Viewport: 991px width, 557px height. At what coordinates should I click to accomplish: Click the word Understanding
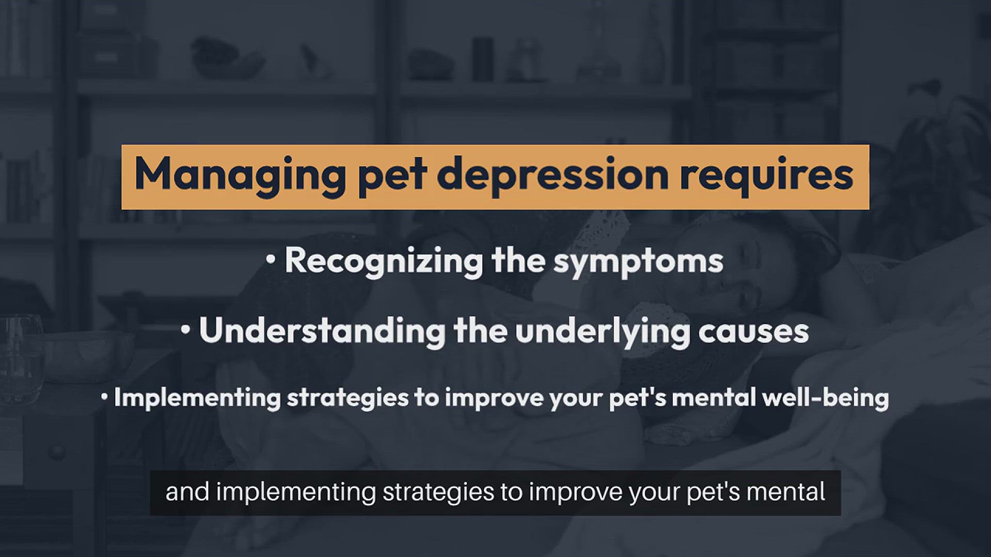pyautogui.click(x=322, y=331)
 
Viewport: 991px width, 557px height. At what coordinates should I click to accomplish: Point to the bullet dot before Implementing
pyautogui.click(x=104, y=397)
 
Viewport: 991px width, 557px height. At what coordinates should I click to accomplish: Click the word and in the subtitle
pyautogui.click(x=187, y=492)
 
